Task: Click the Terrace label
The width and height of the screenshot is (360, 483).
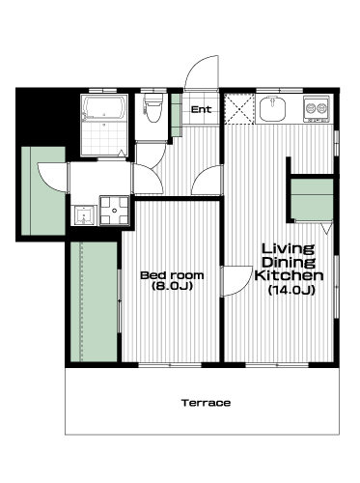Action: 206,403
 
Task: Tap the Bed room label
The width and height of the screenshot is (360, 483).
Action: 172,275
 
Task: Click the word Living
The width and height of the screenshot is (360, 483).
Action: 288,248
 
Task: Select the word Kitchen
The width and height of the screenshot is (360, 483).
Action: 289,275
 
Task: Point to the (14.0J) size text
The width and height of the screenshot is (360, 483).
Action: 291,290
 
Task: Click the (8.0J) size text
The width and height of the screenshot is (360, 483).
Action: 172,286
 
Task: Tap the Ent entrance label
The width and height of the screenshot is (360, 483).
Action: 202,109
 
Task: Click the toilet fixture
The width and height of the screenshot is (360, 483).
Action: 153,107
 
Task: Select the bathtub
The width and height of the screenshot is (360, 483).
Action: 104,107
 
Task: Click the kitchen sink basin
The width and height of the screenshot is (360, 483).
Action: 273,109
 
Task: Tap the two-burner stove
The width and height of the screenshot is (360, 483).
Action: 317,108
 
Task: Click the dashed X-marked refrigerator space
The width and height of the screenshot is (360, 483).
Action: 238,108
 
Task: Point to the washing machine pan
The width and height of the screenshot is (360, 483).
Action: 114,211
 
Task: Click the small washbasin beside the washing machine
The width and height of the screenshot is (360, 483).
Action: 84,215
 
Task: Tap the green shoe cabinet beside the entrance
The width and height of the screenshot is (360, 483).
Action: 176,115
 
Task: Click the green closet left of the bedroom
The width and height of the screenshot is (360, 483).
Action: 94,301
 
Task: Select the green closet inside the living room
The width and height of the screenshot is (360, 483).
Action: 312,199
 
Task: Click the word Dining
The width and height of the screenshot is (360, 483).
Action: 288,263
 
